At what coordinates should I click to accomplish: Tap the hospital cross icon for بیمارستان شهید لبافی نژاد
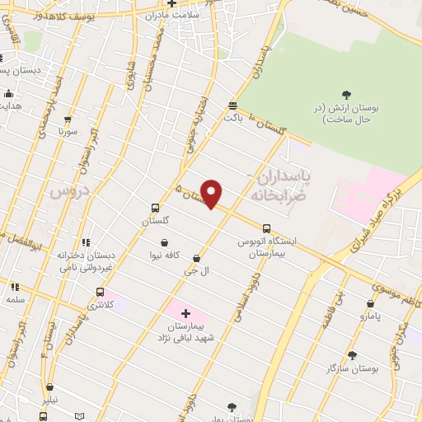[x=185, y=313]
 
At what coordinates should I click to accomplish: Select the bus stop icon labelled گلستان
[x=156, y=209]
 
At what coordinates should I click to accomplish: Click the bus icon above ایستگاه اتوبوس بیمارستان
[x=266, y=229]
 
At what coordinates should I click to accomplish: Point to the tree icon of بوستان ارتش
[x=345, y=95]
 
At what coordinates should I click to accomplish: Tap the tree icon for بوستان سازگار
[x=352, y=356]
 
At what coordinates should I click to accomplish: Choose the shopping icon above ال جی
[x=195, y=258]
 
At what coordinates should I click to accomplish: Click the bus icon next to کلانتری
[x=101, y=292]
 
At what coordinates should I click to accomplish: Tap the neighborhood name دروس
[x=68, y=191]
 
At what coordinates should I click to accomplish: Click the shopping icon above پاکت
[x=232, y=105]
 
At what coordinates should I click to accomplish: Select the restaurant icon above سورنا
[x=68, y=119]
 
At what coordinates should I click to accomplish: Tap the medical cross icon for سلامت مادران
[x=172, y=3]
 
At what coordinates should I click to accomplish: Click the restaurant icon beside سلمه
[x=14, y=287]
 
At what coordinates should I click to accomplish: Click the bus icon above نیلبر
[x=50, y=386]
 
